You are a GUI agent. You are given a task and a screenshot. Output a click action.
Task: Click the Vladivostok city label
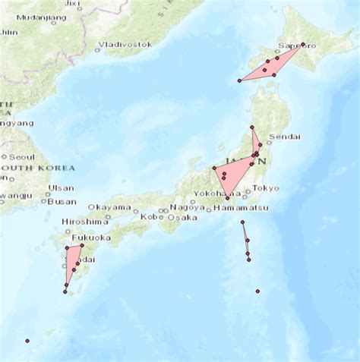point(126,45)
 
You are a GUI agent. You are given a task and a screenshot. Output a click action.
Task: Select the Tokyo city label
point(266,188)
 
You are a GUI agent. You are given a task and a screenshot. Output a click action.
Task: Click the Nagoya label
point(187,207)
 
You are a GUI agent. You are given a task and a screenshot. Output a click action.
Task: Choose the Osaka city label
point(182,217)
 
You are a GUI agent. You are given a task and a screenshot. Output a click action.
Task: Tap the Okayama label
point(109,207)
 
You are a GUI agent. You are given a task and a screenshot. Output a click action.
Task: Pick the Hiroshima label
point(85,222)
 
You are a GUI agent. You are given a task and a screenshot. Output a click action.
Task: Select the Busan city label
point(62,202)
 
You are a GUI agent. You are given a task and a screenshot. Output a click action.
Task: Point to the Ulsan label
point(62,188)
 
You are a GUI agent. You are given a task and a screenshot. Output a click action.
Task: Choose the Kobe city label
point(153,217)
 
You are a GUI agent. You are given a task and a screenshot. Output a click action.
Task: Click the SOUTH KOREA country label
point(38,168)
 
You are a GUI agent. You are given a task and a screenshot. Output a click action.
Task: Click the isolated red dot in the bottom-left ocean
point(27,341)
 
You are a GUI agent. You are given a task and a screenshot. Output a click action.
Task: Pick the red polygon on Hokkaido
point(273,65)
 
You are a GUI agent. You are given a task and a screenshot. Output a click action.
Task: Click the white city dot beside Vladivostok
point(97,50)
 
